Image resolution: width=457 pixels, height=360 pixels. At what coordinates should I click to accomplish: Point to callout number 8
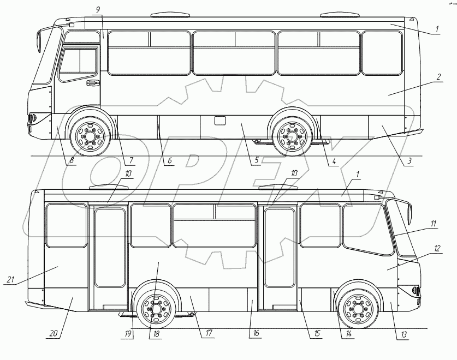click(x=71, y=161)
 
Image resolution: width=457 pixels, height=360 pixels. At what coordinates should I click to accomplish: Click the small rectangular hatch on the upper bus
click(x=220, y=121)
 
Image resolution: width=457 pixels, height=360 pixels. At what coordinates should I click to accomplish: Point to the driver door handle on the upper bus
click(x=92, y=83)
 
